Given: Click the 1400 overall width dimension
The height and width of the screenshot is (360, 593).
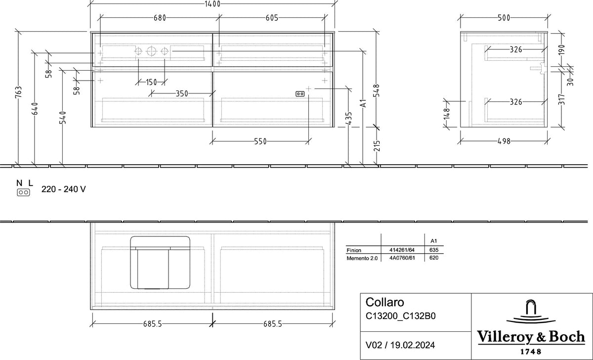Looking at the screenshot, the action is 212,4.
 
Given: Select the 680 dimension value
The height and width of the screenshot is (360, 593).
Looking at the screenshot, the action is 160,18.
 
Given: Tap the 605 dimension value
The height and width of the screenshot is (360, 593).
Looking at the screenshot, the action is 272,18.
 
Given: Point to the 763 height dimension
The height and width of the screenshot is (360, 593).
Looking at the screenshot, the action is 19,92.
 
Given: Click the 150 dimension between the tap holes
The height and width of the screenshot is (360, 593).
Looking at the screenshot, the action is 151,83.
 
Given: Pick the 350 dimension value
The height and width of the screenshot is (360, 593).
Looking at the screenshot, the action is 182,94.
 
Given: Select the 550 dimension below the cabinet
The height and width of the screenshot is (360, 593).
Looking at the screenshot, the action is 260,142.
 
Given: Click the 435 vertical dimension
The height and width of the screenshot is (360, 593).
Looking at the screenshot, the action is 349,118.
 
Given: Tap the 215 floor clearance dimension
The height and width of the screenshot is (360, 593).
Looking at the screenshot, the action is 377,146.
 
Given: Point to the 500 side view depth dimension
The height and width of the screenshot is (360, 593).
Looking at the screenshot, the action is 504,18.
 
